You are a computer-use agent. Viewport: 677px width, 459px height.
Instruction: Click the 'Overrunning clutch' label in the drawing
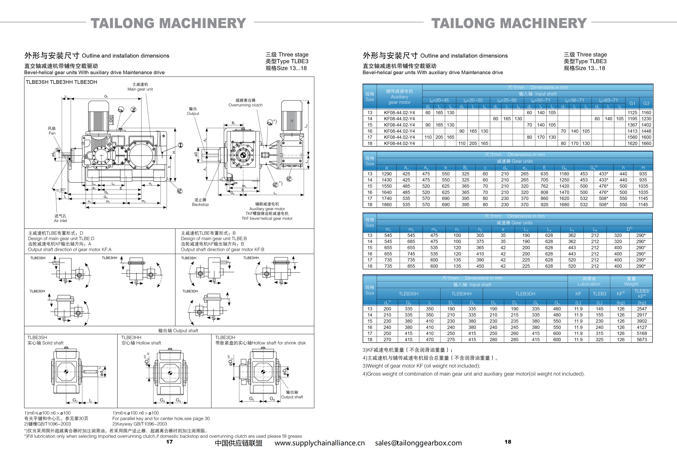click(x=245, y=105)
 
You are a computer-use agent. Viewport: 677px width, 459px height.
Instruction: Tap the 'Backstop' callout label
click(x=200, y=204)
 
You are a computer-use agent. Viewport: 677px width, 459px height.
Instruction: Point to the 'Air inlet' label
click(x=60, y=221)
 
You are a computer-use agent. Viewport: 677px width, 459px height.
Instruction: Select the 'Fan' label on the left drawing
click(x=52, y=133)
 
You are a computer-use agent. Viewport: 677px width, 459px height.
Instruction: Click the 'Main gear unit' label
click(x=140, y=89)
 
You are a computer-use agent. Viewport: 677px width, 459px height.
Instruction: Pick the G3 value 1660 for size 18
click(x=646, y=143)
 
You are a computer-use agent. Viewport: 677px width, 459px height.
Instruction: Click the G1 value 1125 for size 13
click(x=632, y=113)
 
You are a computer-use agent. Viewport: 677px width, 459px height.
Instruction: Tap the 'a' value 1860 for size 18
click(x=386, y=205)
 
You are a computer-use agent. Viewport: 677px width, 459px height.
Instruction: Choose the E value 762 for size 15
click(x=544, y=186)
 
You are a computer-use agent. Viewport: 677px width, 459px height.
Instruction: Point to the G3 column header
click(x=646, y=103)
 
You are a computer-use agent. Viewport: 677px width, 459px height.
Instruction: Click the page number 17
click(x=169, y=442)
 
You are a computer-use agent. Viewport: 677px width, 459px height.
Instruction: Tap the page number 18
click(x=508, y=442)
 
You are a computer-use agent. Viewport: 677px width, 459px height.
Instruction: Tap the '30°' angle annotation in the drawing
click(x=62, y=190)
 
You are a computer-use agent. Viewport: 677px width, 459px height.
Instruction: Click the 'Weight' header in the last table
click(x=631, y=284)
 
